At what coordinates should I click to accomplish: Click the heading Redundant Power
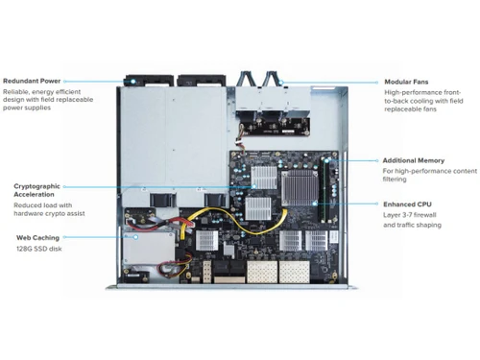[33, 82]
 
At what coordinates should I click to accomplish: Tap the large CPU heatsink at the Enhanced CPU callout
[305, 191]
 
